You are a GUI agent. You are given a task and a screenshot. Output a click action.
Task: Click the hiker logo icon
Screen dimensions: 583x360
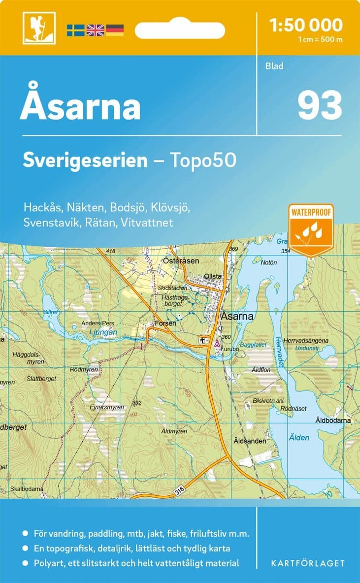click(39, 28)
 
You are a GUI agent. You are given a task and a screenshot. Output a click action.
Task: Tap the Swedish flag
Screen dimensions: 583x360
click(76, 30)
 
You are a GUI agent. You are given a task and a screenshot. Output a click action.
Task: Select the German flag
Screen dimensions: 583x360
click(115, 30)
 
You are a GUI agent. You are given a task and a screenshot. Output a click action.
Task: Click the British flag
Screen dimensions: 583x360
click(95, 30)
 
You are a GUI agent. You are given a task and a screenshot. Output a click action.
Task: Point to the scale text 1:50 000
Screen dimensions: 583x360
click(306, 25)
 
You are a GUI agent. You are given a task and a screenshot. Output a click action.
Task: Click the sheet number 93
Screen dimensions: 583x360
click(319, 105)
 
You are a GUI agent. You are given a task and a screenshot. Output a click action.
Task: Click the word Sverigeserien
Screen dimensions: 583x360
click(85, 160)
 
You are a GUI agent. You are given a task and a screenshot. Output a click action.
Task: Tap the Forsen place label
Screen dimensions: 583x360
click(165, 324)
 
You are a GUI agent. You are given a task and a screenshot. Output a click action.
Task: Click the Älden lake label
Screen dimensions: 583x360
click(299, 437)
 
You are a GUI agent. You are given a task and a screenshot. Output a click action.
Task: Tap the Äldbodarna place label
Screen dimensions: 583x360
click(333, 421)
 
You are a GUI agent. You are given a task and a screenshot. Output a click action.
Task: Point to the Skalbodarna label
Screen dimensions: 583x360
click(27, 488)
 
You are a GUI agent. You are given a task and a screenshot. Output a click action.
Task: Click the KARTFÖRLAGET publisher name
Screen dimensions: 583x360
click(308, 563)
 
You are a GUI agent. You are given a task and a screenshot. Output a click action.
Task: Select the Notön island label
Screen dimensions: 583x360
click(269, 262)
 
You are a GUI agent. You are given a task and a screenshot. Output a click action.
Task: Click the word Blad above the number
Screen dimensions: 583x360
click(274, 66)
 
